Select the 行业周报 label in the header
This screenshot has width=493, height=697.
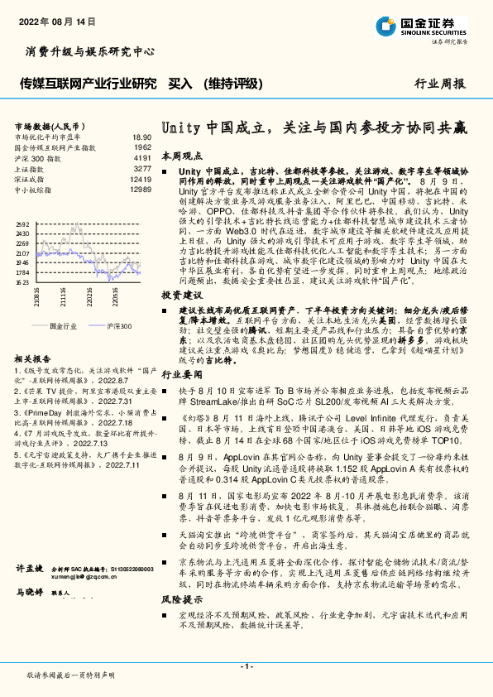pyautogui.click(x=439, y=84)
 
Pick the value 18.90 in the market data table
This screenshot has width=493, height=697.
pyautogui.click(x=141, y=137)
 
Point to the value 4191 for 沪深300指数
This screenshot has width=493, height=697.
pyautogui.click(x=142, y=157)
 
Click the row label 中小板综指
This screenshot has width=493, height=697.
pyautogui.click(x=34, y=190)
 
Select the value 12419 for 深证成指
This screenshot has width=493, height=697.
pyautogui.click(x=141, y=179)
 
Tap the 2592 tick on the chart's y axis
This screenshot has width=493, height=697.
pyautogui.click(x=22, y=224)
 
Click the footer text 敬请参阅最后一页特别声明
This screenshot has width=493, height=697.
pyautogui.click(x=70, y=676)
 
